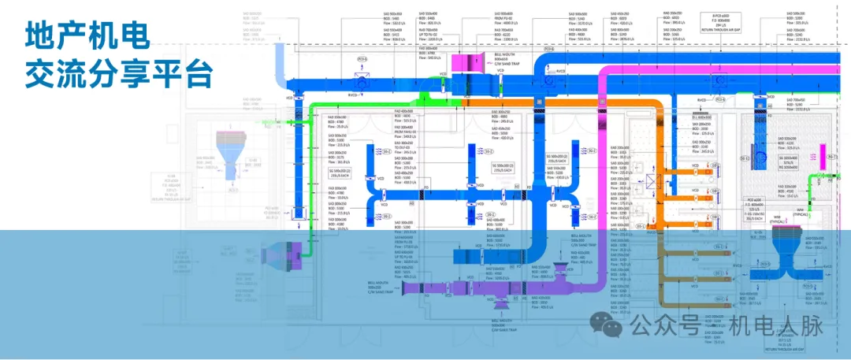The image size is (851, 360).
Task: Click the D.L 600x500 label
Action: [703, 117]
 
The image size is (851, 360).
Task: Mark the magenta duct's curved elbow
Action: [605, 75]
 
